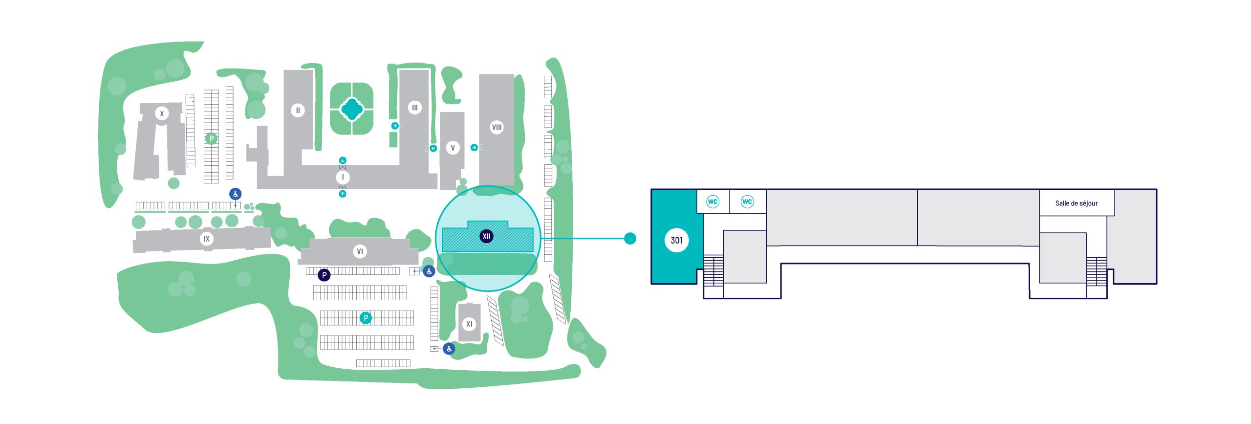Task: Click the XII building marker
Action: tap(486, 236)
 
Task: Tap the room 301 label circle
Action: tap(676, 240)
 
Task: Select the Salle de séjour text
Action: tap(1076, 203)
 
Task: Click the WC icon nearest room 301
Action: tap(712, 201)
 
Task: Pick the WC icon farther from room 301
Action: tap(747, 201)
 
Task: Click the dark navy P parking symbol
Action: tap(324, 275)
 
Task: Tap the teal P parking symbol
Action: tap(366, 318)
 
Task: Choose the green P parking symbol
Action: tap(211, 138)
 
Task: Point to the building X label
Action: tap(162, 113)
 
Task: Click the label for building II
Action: tap(298, 111)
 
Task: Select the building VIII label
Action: tap(496, 128)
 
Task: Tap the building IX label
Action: tap(207, 239)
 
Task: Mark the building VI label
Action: tap(360, 251)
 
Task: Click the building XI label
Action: tap(469, 324)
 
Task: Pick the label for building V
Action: tap(453, 148)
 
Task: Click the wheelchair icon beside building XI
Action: tap(449, 349)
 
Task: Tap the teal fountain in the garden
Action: tap(351, 109)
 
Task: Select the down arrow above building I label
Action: tap(343, 160)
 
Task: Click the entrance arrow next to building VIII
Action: tap(474, 147)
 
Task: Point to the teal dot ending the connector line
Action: tap(630, 238)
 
